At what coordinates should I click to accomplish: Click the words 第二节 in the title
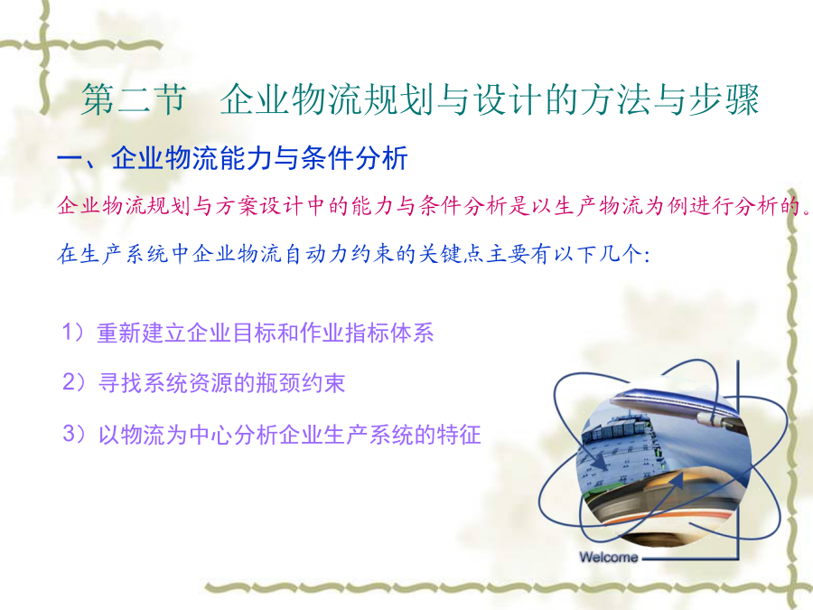[x=134, y=99]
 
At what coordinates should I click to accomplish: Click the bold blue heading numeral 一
[x=70, y=159]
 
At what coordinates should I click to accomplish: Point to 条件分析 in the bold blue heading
[x=354, y=157]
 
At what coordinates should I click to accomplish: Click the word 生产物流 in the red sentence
[x=598, y=206]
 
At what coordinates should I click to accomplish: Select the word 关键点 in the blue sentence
[x=451, y=254]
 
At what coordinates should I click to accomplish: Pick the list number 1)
[x=73, y=332]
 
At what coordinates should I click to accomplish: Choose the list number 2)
[x=74, y=382]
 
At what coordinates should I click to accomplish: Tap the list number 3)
[x=74, y=434]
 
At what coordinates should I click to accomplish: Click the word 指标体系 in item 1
[x=388, y=333]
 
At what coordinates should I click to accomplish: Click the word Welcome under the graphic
[x=609, y=557]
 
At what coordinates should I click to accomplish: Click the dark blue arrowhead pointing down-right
[x=601, y=462]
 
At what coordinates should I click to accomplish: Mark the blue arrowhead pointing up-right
[x=676, y=481]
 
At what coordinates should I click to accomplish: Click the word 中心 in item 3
[x=211, y=434]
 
